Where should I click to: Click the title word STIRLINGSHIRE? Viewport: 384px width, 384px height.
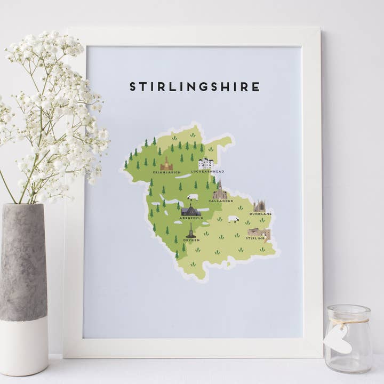[195, 87]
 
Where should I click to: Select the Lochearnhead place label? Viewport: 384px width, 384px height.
[207, 172]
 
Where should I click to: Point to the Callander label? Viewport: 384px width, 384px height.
[221, 201]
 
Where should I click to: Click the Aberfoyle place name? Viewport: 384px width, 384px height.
[191, 218]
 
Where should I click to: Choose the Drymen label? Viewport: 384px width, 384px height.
[191, 239]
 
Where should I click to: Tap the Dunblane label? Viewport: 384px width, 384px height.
[260, 214]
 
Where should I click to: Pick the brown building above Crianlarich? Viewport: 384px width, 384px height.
[166, 164]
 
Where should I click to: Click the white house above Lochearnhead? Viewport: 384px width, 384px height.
[206, 163]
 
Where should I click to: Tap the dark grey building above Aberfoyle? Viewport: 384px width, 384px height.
[191, 210]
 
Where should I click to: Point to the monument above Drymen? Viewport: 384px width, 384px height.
[191, 230]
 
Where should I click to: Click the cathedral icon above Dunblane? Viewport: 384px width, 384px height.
[260, 206]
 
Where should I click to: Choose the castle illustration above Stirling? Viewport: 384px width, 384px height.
[259, 233]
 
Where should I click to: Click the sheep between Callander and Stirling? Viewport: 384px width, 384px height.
[233, 219]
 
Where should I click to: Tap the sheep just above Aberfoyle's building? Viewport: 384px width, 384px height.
[192, 197]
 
